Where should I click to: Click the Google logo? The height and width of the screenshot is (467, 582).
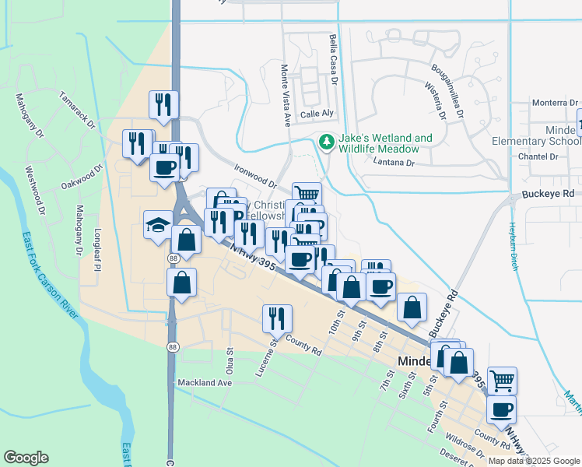coord(26,458)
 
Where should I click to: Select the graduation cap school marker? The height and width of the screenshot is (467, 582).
coord(158,225)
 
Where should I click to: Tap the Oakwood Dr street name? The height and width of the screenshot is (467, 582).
coord(82,177)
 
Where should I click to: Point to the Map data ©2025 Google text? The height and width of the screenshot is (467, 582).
coord(535,461)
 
